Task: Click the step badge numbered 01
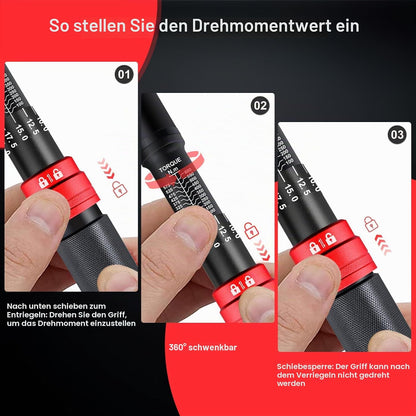point(124,74)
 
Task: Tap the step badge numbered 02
point(260,106)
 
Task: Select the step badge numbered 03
point(397,135)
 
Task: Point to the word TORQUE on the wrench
point(170,164)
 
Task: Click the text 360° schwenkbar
point(203,347)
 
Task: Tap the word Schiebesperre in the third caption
point(305,366)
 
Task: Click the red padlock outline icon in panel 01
point(120,189)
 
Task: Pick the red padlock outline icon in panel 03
point(370,223)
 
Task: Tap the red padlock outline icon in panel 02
point(251,231)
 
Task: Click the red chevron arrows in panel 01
point(107,168)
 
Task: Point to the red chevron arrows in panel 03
point(383,244)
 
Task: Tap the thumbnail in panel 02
point(190,233)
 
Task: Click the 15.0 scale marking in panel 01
point(22,133)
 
